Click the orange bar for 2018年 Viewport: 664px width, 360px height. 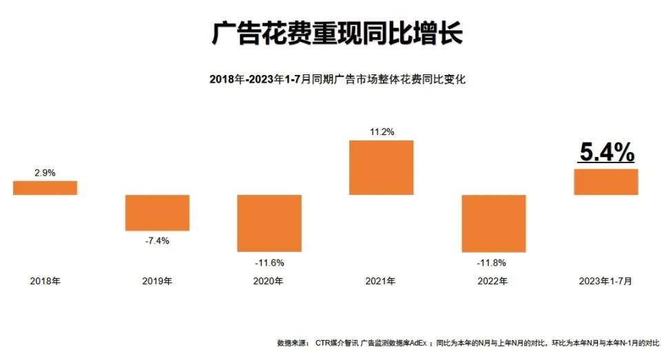[x=45, y=188]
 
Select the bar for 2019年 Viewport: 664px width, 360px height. [x=157, y=213]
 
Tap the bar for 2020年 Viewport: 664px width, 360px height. [x=269, y=223]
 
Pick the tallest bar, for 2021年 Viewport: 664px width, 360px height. [x=381, y=167]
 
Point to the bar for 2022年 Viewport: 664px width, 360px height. [x=493, y=223]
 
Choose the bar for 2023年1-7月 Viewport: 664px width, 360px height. [x=606, y=182]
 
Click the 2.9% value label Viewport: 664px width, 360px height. [x=45, y=173]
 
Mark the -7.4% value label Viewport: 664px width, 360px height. [x=157, y=240]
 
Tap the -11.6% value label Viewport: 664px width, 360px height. [x=269, y=262]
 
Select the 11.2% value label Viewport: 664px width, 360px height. [x=381, y=132]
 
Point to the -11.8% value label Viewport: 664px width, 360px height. [x=493, y=262]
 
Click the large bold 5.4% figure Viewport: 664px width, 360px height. [x=606, y=153]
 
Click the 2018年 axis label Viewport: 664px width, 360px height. [x=45, y=281]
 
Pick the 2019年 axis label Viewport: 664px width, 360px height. [x=157, y=281]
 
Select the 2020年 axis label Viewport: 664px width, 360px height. [x=269, y=281]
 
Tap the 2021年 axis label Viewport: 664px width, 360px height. [x=381, y=281]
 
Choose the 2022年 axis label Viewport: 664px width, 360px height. [x=493, y=281]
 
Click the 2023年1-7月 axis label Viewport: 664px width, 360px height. [x=606, y=281]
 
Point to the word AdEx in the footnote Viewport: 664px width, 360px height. [x=418, y=342]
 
